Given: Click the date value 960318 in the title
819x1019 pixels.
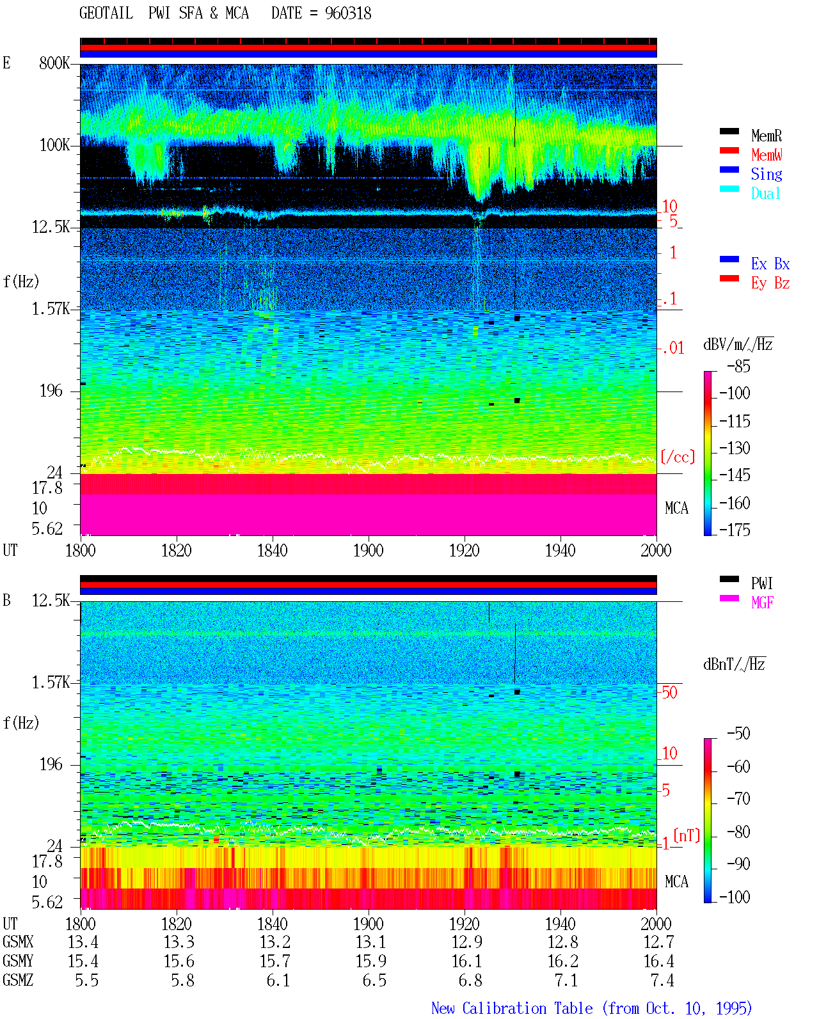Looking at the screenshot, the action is point(347,13).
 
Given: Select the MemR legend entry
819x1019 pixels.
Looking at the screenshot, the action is point(766,136).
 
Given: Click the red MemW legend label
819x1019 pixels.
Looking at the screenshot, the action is point(767,155).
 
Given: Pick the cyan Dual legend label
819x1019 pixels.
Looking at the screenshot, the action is point(765,193).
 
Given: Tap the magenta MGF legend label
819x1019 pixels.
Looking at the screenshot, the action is point(762,603).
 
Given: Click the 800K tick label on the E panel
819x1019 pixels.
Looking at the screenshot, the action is point(54,63).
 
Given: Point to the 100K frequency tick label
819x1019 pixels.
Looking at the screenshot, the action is point(54,145).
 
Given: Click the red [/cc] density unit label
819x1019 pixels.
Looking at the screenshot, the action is point(678,457).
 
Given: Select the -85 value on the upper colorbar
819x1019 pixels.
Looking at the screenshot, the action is point(738,366).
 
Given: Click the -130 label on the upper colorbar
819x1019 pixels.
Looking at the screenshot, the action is point(735,448).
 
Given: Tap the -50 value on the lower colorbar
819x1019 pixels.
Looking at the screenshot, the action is point(738,734).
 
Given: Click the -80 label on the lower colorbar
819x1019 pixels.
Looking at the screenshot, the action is point(738,832).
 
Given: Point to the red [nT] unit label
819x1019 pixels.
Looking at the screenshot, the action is point(687,835).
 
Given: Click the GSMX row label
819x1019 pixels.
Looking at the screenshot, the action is point(18,942).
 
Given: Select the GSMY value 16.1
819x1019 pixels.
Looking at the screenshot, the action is point(466,961).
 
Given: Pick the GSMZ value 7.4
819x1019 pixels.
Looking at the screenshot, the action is point(662,980).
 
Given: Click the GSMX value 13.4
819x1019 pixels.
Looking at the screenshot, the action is point(83,942).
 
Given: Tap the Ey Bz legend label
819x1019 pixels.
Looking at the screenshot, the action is point(770,283).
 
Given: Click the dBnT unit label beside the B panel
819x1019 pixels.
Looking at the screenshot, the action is point(734,665).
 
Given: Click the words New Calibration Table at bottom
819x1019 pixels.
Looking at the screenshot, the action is point(512,1008).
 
